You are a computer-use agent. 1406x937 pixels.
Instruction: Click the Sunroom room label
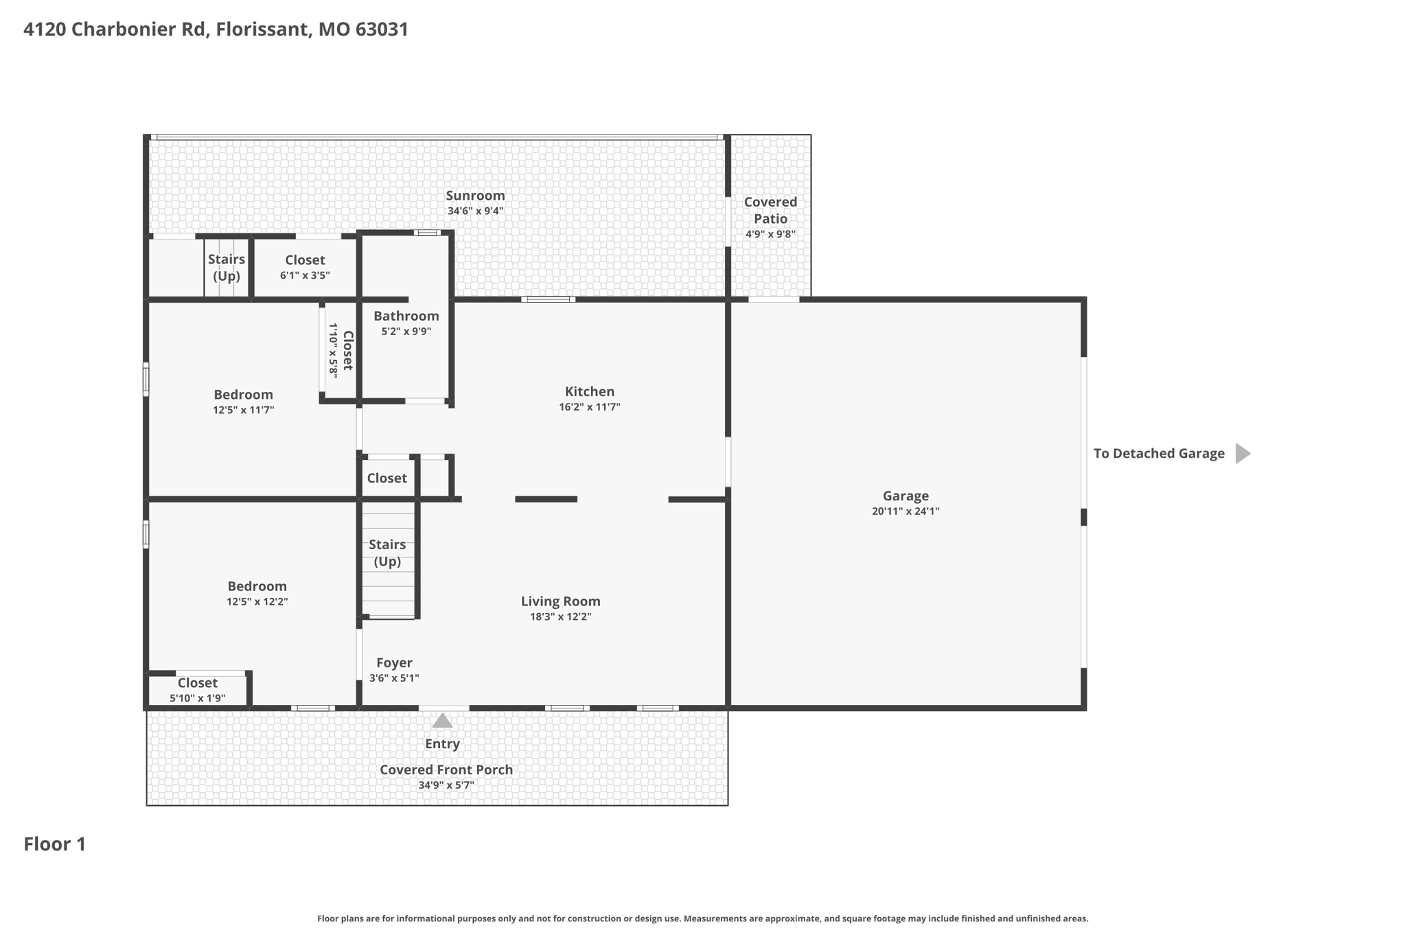coord(475,196)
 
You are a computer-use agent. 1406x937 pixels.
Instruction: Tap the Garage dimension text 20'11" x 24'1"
coord(906,511)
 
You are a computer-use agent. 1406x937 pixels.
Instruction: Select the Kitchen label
coord(590,392)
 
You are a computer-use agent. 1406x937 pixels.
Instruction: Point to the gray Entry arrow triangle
coord(442,720)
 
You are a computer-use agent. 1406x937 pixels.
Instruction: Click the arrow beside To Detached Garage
coord(1243,454)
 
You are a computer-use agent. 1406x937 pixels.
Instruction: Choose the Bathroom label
coord(406,316)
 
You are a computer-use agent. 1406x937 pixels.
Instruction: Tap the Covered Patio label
coord(770,210)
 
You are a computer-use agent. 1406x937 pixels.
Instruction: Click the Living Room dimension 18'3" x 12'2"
coord(560,616)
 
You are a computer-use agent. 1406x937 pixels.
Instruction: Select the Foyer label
coord(394,663)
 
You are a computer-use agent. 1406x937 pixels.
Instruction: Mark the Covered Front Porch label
coord(446,770)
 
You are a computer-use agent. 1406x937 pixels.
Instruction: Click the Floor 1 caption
coord(55,844)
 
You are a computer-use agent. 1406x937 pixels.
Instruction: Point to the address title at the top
coord(216,30)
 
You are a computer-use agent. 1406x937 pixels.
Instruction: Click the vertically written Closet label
coord(348,351)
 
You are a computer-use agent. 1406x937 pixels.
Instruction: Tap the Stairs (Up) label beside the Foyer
coord(387,553)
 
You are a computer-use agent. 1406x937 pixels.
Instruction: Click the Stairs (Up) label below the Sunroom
coord(227,268)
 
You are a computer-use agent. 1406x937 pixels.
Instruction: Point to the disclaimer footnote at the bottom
coord(702,918)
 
